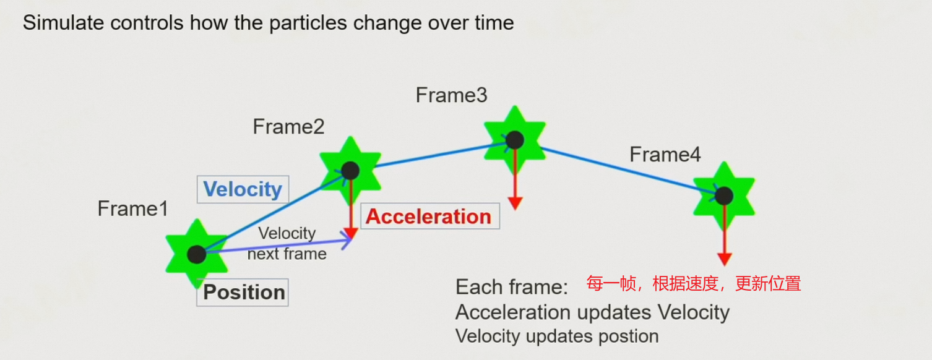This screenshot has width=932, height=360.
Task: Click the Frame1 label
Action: click(132, 209)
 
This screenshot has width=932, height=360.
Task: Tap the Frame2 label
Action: click(288, 127)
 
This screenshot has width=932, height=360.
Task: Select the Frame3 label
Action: click(451, 95)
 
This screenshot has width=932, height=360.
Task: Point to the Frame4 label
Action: click(665, 155)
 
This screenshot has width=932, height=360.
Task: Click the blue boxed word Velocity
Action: click(243, 189)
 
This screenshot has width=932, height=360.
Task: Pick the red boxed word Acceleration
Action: click(429, 216)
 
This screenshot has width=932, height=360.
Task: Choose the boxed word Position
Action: click(244, 292)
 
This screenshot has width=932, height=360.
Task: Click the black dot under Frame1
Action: click(196, 254)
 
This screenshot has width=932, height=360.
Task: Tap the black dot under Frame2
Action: click(350, 170)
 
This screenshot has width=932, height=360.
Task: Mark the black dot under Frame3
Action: click(514, 140)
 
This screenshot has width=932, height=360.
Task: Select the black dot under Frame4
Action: click(723, 196)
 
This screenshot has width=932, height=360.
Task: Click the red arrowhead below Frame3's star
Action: click(515, 204)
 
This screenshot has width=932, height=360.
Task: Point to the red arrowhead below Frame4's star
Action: click(724, 259)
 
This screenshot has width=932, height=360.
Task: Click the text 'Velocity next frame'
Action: click(287, 244)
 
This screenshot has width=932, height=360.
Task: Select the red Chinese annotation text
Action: click(694, 284)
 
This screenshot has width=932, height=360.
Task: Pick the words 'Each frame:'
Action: click(512, 287)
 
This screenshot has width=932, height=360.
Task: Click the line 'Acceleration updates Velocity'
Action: click(592, 312)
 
